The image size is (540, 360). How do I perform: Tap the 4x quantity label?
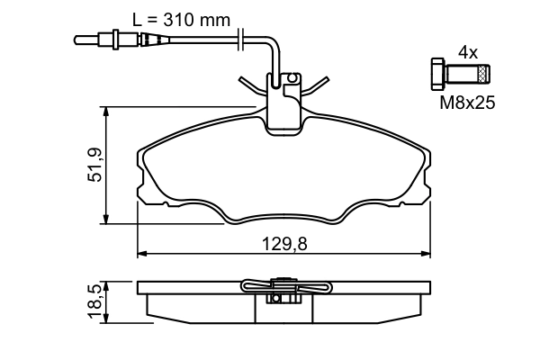coord(467,52)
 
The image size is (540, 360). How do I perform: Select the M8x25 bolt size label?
coord(467,103)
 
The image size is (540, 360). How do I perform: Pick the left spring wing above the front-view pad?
coord(253,86)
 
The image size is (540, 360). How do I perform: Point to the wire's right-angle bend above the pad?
coord(271,40)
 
